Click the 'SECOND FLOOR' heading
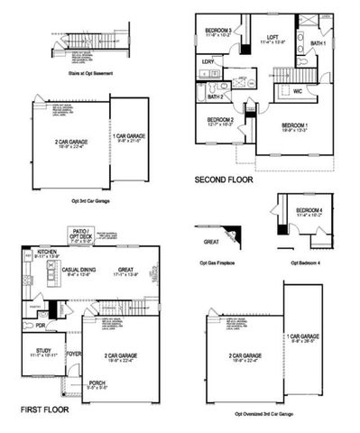click(224, 180)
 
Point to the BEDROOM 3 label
click(218, 30)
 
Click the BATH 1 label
click(318, 42)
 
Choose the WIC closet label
click(297, 90)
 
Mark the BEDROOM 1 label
click(295, 125)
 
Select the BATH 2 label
click(216, 97)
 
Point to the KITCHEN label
click(47, 252)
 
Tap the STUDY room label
click(43, 352)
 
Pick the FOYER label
click(75, 354)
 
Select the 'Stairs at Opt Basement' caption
click(91, 74)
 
